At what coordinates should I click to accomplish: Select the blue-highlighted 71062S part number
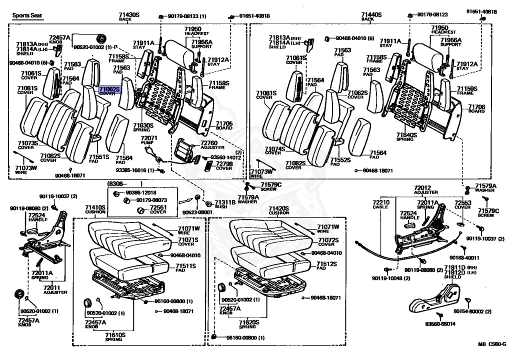click(109, 89)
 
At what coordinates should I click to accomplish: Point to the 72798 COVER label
click(223, 166)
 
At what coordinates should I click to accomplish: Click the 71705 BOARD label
click(224, 125)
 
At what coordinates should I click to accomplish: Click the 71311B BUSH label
click(224, 204)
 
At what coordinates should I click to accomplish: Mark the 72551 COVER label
click(158, 209)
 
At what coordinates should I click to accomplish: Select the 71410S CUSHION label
click(95, 209)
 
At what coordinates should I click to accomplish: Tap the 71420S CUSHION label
click(278, 210)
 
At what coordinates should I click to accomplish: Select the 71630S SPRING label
click(142, 127)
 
